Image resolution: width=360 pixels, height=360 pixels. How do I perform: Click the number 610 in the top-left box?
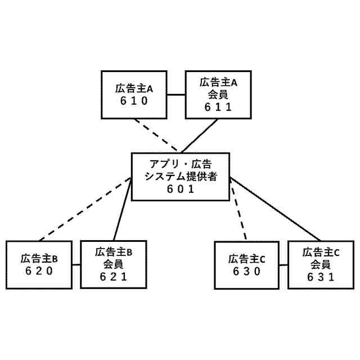[134, 101]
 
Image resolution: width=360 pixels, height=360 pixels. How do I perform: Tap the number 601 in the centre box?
[181, 189]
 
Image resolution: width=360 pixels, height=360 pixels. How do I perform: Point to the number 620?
[39, 271]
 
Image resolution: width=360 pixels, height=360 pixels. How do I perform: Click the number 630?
[246, 271]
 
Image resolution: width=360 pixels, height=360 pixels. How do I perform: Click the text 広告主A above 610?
[134, 89]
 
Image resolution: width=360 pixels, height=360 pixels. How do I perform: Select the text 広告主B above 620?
[39, 259]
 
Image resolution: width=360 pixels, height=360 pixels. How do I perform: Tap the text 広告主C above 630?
[246, 259]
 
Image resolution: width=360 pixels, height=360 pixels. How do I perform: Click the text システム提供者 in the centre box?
[181, 177]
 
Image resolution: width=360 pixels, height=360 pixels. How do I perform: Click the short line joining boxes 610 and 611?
[177, 94]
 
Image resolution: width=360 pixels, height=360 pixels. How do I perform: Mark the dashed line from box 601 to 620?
[84, 208]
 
